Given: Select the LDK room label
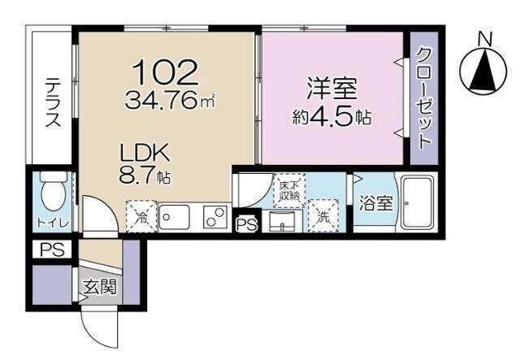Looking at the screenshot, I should click(x=144, y=153).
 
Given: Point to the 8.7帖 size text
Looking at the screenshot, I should click(x=145, y=175).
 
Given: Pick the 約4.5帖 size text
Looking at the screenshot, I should click(x=331, y=116).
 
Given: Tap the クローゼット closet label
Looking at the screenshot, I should click(x=423, y=98).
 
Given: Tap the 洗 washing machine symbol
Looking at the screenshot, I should click(x=323, y=217).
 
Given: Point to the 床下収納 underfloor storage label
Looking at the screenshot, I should click(x=289, y=189).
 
